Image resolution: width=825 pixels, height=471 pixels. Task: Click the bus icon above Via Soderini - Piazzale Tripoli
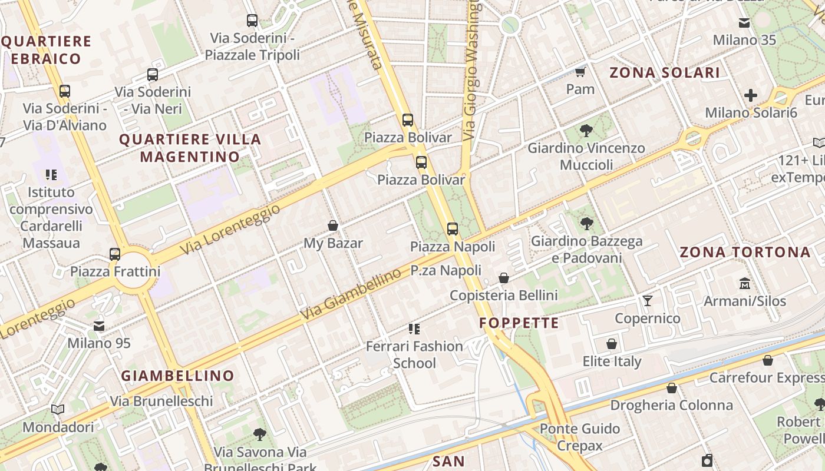tap(252, 21)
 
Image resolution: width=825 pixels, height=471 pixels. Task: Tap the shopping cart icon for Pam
tap(580, 72)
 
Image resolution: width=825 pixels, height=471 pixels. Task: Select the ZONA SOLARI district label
tap(664, 72)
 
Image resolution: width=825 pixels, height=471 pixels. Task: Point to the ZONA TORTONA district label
tap(745, 253)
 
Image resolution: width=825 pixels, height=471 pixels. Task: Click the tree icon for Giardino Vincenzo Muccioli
tap(586, 131)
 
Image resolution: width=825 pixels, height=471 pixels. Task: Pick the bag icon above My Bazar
tap(333, 225)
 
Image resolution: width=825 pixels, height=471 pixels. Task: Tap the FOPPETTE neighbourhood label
tap(519, 323)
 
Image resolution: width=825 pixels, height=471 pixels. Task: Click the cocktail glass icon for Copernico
tap(648, 301)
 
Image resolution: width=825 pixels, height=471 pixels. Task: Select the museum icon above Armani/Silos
tap(745, 284)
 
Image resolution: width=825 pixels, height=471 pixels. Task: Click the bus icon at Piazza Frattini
tap(115, 254)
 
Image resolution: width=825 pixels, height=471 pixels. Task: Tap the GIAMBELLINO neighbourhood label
tap(178, 376)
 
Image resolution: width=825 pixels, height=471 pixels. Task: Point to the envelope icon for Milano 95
tap(99, 326)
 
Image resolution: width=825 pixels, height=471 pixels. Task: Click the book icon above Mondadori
tap(58, 410)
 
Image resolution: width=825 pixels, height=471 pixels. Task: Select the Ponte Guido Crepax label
tap(580, 437)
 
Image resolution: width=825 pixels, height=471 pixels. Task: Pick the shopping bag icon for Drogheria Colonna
tap(671, 388)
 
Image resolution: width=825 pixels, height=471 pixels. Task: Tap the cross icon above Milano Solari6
tap(750, 95)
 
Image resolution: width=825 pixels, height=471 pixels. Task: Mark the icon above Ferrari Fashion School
tap(414, 329)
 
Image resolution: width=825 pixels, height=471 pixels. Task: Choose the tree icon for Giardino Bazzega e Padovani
tap(586, 224)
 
